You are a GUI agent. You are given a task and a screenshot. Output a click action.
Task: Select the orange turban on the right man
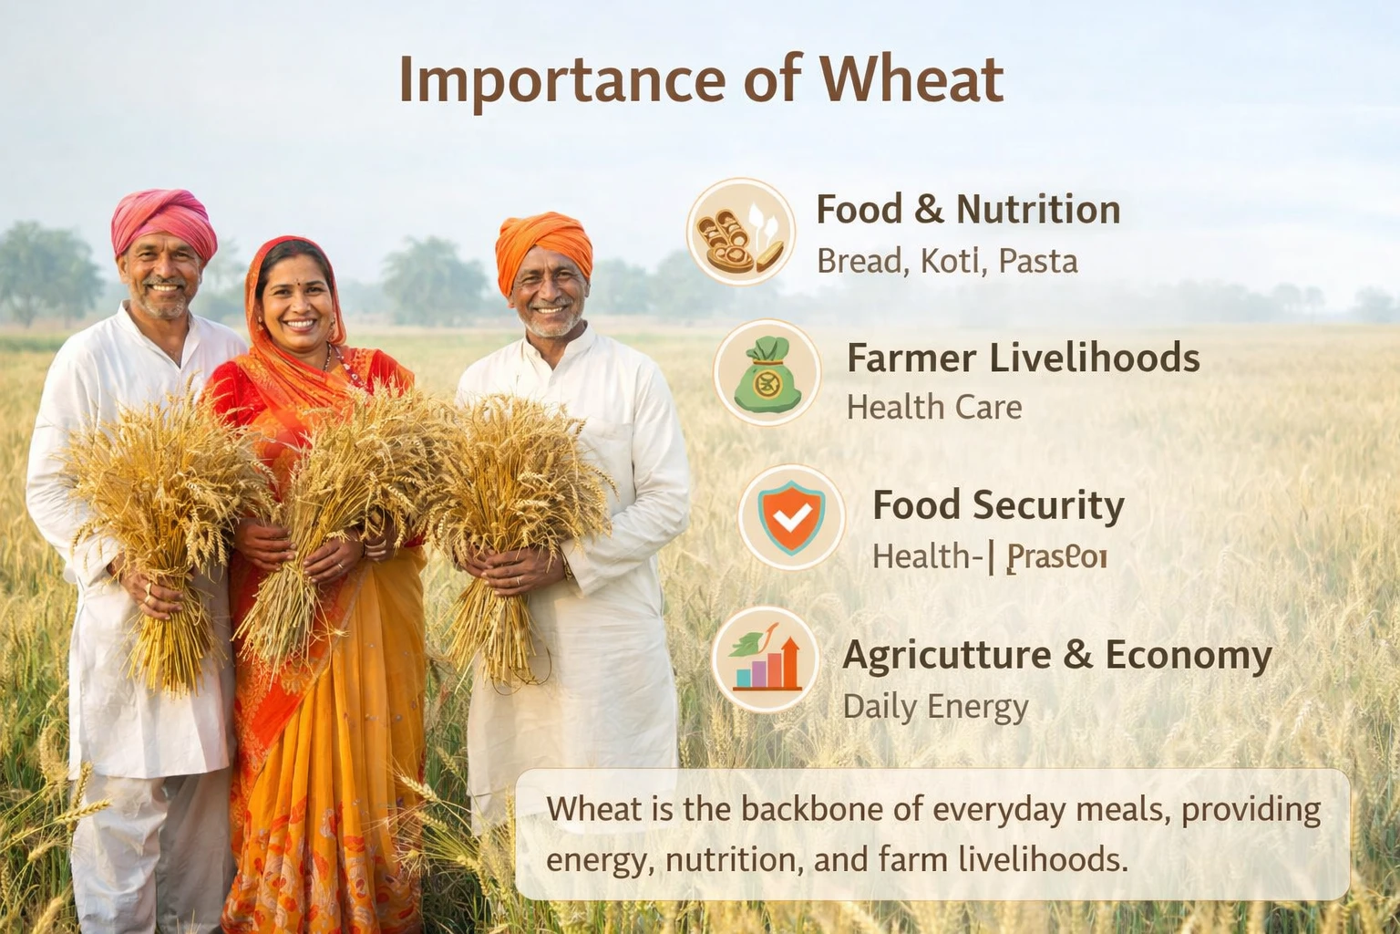[x=543, y=245]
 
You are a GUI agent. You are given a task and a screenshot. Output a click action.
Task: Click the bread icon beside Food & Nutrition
[x=740, y=232]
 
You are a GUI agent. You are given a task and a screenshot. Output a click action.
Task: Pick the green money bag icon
[x=767, y=373]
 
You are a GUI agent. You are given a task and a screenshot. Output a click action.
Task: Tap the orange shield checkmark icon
[x=791, y=517]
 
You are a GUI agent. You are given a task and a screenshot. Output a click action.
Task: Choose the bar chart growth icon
[x=767, y=659]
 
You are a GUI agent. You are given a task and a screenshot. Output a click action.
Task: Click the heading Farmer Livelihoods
[x=1023, y=358]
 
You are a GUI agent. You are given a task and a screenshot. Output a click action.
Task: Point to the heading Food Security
[x=998, y=505]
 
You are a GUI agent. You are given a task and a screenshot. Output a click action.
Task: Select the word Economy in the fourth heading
[x=1189, y=655]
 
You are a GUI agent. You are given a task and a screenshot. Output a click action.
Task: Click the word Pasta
[x=1038, y=262]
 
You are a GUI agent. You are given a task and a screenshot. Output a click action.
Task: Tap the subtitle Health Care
[x=933, y=407]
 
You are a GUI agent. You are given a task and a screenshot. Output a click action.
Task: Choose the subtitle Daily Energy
[x=935, y=707]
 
